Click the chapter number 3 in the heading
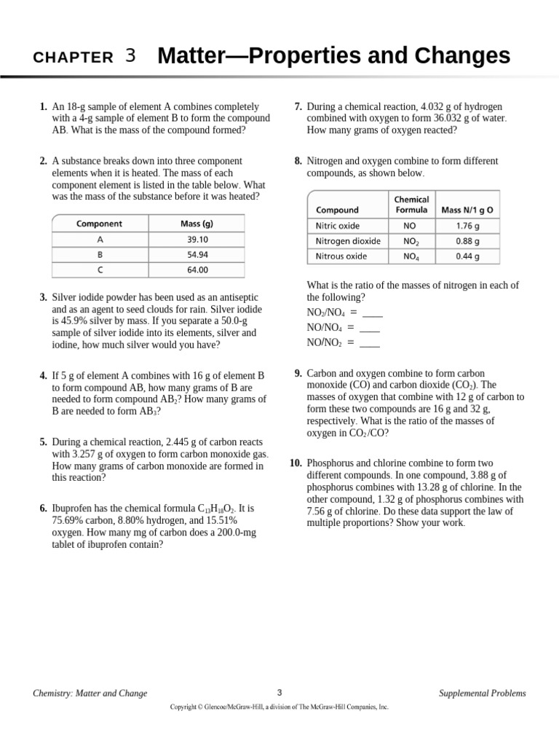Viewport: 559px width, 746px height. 130,56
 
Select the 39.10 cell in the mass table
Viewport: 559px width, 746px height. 197,239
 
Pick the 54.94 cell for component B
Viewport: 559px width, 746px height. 197,254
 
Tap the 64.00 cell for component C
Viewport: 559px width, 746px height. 197,270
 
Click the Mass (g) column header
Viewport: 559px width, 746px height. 197,224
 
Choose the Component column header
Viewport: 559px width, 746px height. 100,224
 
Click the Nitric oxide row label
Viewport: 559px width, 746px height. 337,226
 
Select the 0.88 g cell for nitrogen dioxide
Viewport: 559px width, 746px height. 467,241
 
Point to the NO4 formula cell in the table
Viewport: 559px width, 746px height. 410,256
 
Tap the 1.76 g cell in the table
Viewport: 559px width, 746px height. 467,226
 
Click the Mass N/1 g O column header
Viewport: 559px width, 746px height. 467,210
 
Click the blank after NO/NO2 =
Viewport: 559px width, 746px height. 370,342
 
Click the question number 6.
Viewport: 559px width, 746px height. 44,508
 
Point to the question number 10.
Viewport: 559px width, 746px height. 296,463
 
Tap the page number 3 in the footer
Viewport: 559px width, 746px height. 279,692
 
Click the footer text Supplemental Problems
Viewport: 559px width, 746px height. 482,694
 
